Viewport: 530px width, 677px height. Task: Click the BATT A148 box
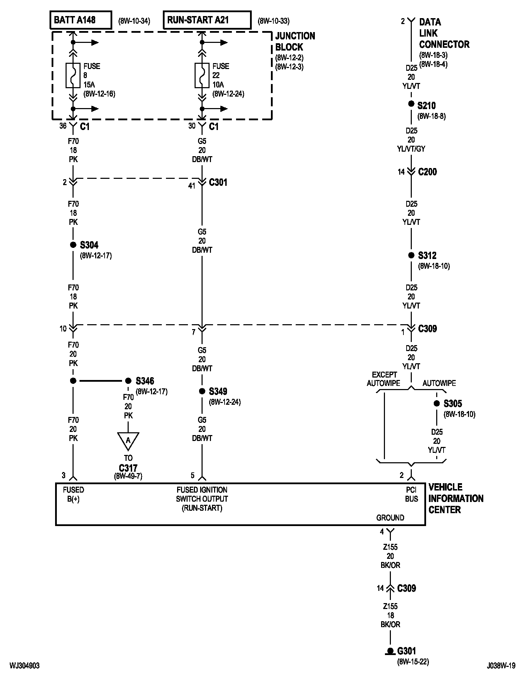click(81, 20)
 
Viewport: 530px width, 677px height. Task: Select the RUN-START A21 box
click(207, 20)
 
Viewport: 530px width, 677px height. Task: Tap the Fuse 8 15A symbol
click(73, 75)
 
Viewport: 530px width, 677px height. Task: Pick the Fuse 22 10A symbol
click(202, 75)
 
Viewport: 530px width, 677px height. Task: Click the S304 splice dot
click(73, 245)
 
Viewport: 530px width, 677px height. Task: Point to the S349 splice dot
click(202, 391)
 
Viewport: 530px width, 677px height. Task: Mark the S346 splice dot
click(128, 381)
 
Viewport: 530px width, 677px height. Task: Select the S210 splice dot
click(411, 104)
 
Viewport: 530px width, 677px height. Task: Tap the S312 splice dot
click(411, 255)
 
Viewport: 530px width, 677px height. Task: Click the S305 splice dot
click(437, 403)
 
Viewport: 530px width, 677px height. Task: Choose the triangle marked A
click(128, 440)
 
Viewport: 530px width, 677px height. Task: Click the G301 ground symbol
click(390, 651)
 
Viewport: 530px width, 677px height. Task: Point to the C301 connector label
click(218, 182)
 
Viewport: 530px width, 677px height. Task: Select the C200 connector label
click(427, 172)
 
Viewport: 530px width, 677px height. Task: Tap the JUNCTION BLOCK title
click(295, 41)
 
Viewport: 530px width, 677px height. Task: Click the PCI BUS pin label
click(411, 494)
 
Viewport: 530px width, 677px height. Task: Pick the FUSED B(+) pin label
click(73, 494)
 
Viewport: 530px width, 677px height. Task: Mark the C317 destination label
click(128, 468)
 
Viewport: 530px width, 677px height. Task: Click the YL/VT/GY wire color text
click(411, 149)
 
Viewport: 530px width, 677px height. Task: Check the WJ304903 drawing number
click(24, 665)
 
